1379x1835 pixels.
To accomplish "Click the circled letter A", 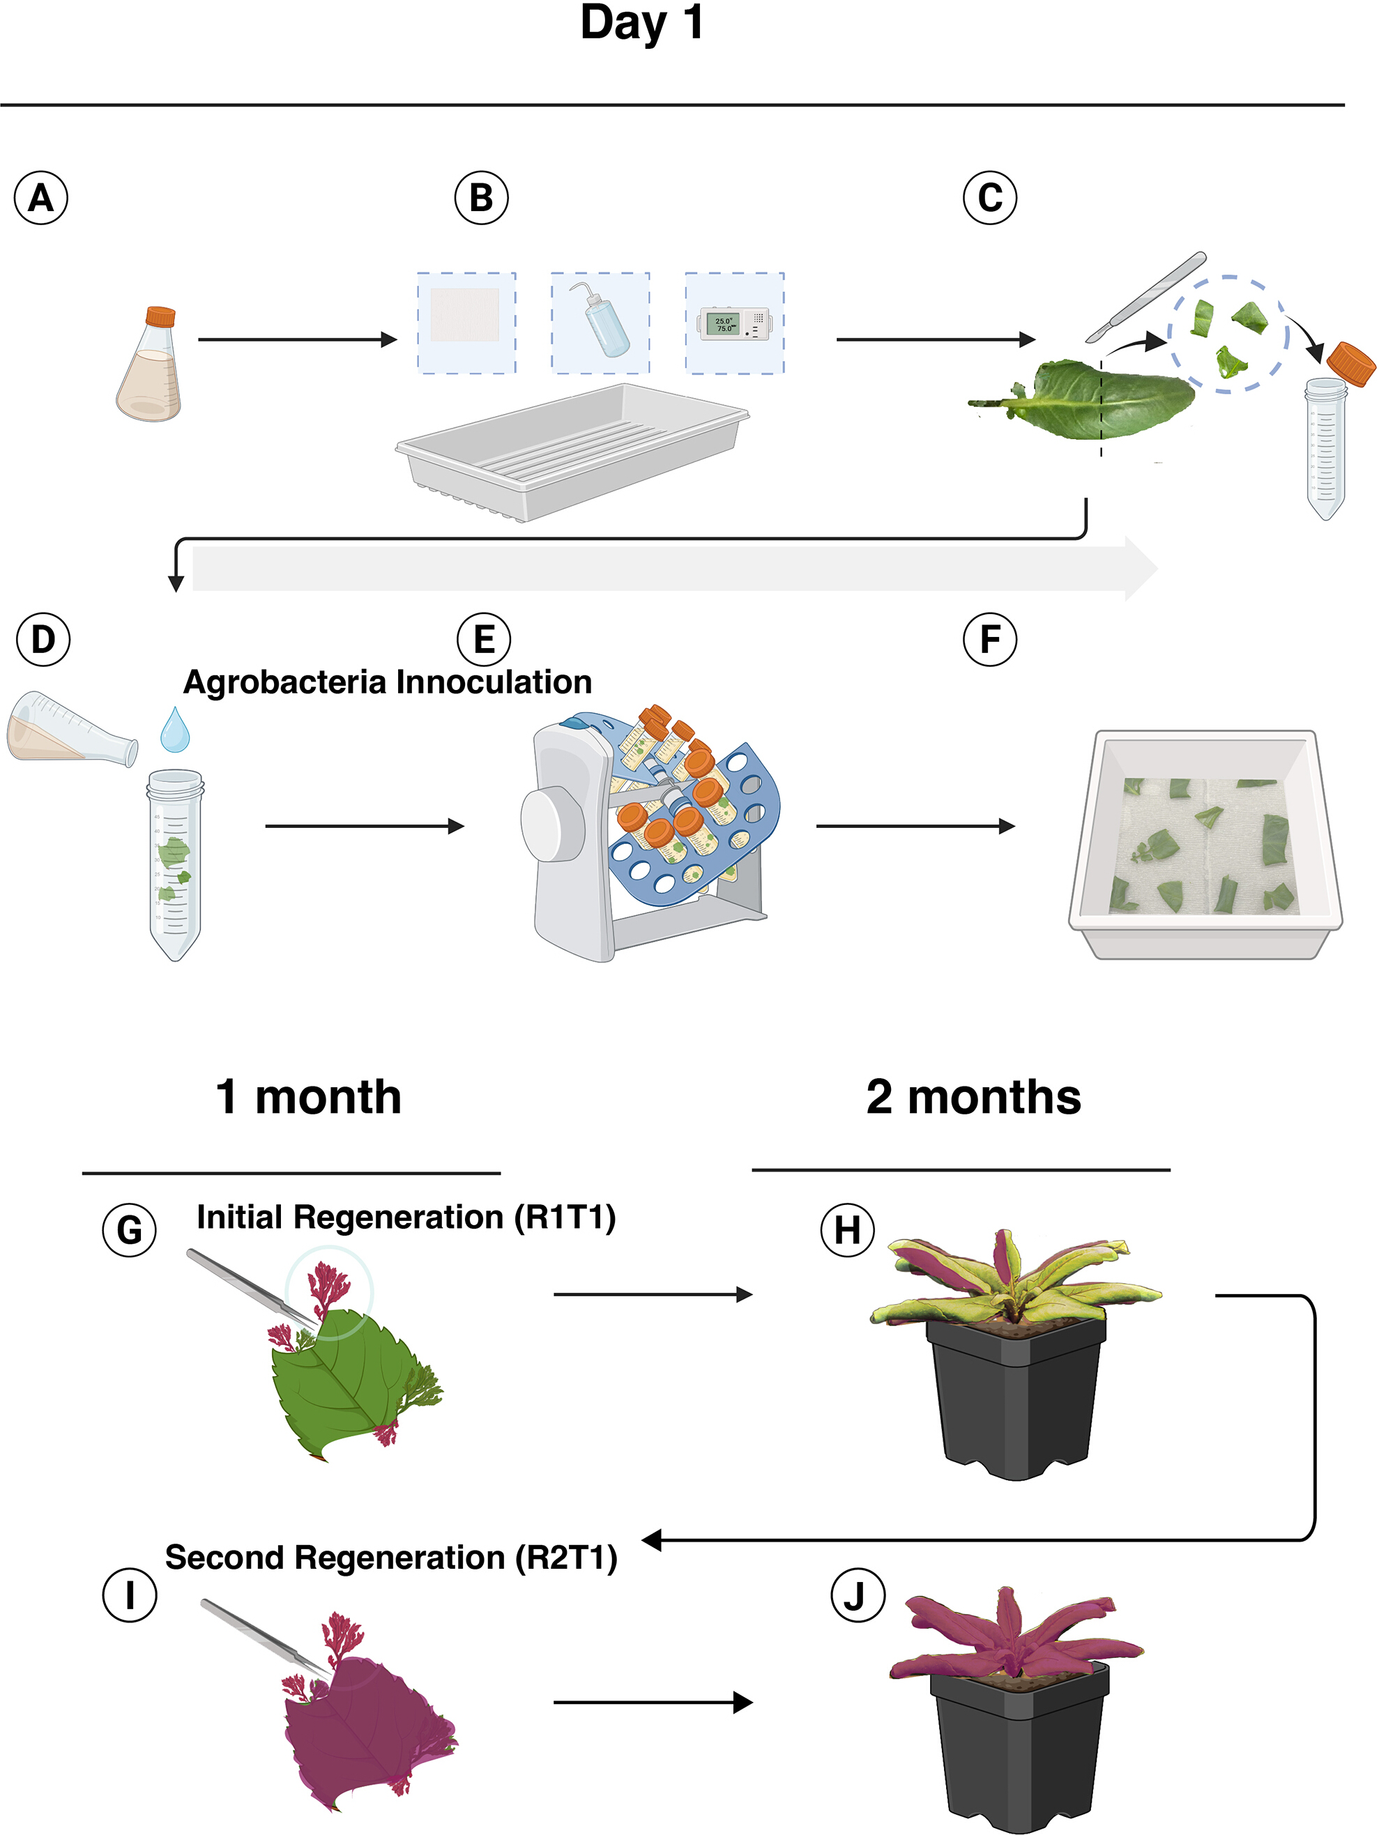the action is pyautogui.click(x=40, y=198).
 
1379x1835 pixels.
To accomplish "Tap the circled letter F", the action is pyautogui.click(x=990, y=640).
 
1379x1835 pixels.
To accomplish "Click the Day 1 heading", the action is pyautogui.click(x=641, y=22).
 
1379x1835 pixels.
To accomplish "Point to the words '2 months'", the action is pyautogui.click(x=973, y=1097).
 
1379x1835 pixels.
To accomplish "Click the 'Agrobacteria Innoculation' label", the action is pyautogui.click(x=388, y=682).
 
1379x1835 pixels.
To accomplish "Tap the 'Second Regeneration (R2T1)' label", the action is pyautogui.click(x=391, y=1557).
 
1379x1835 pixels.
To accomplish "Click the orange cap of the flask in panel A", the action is pyautogui.click(x=160, y=317).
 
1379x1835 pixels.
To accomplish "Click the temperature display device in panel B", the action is pyautogui.click(x=734, y=323).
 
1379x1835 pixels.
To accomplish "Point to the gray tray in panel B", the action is pyautogui.click(x=572, y=453).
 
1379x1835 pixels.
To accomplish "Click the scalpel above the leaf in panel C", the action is pyautogui.click(x=1146, y=296).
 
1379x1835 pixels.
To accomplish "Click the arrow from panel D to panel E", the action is pyautogui.click(x=364, y=827).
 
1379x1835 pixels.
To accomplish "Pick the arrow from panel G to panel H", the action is pyautogui.click(x=653, y=1294).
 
